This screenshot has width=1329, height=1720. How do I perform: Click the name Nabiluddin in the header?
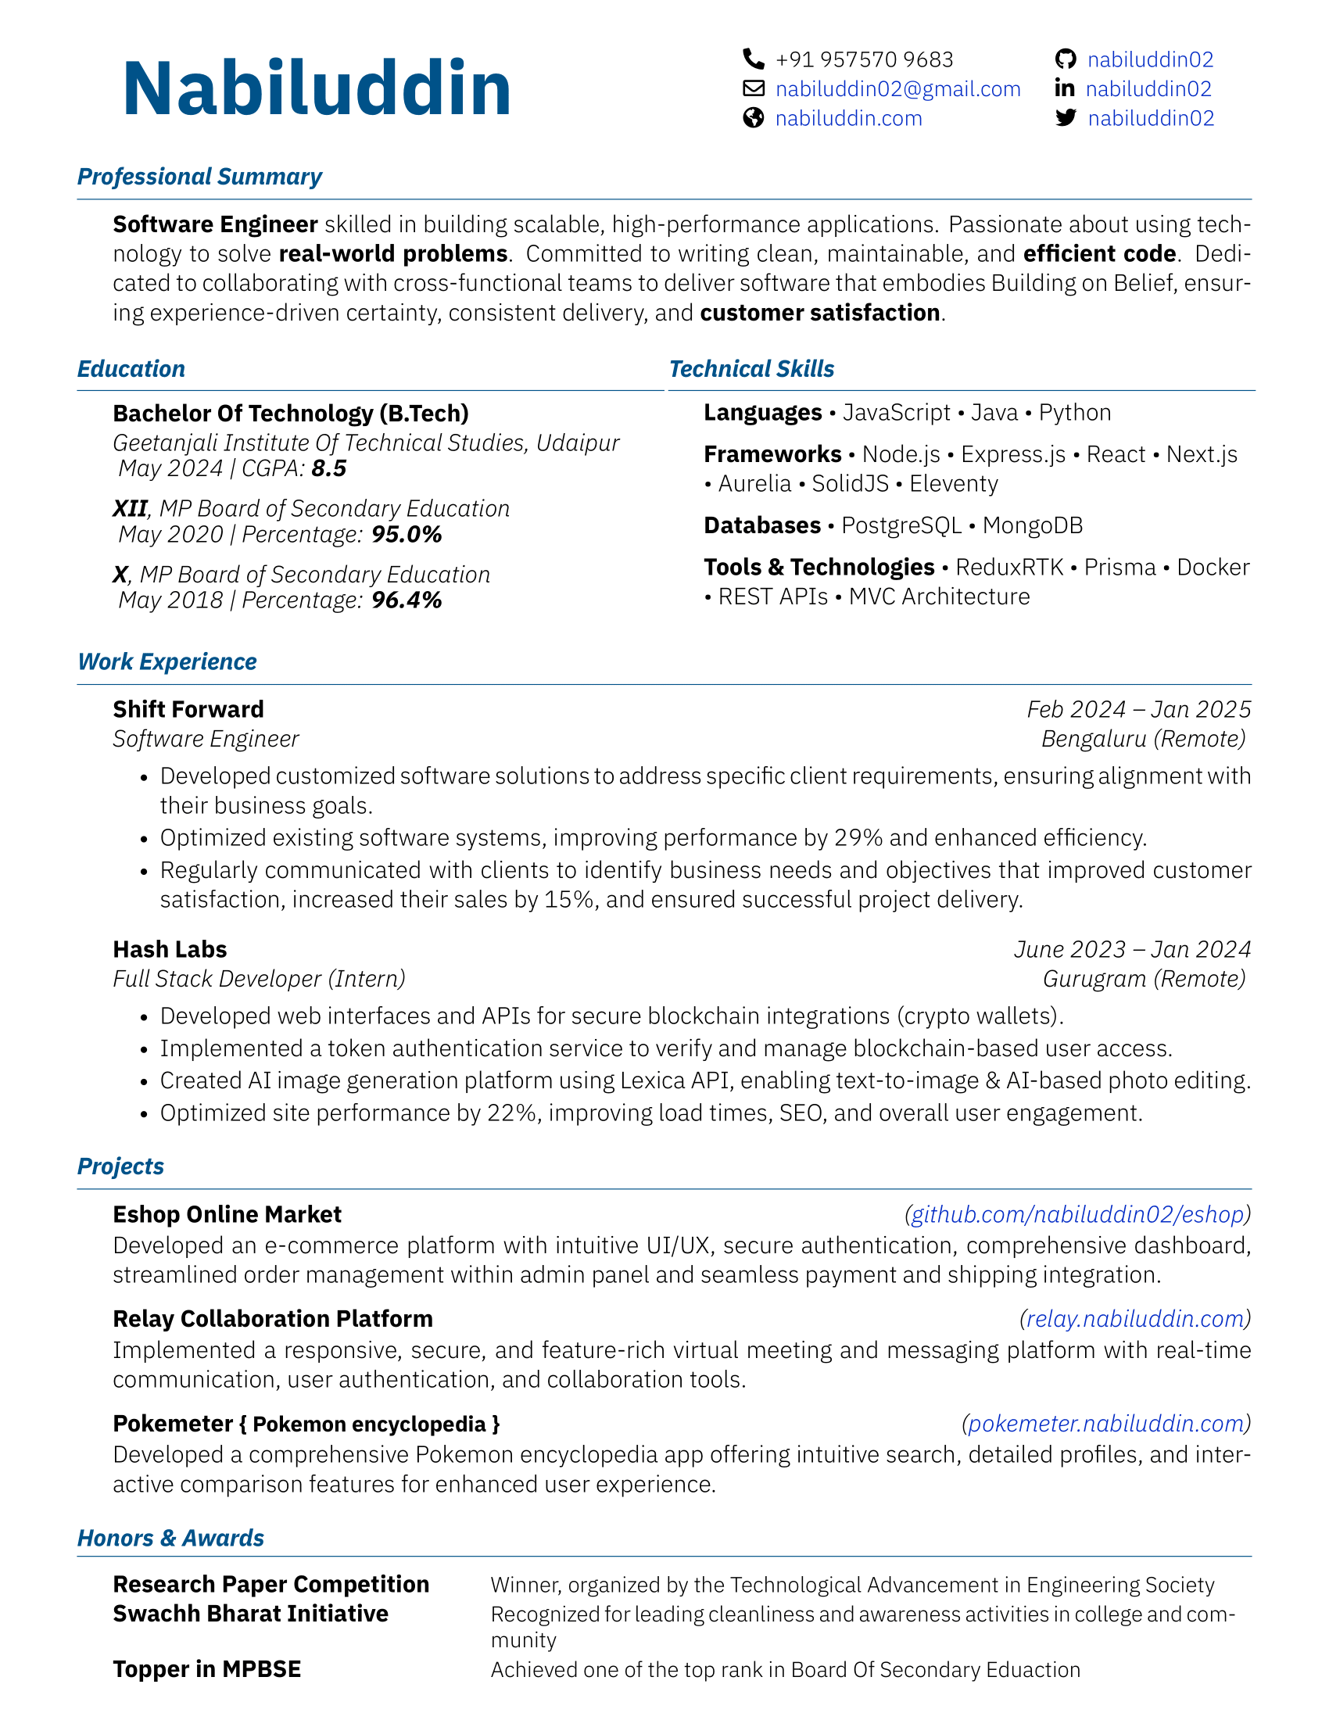coord(317,88)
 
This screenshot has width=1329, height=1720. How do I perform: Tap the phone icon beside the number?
coord(754,59)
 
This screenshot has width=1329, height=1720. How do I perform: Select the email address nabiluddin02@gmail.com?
coord(897,89)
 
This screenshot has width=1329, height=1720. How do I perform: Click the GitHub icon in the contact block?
coord(1066,59)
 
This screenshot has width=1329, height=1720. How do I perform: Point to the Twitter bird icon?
coord(1066,118)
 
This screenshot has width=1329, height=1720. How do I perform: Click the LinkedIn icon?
coord(1065,88)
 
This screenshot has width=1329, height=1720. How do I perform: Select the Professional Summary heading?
coord(199,177)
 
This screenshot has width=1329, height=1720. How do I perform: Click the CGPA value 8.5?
coord(329,468)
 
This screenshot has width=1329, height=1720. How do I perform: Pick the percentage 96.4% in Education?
coord(407,600)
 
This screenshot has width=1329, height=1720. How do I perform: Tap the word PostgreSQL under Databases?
coord(901,525)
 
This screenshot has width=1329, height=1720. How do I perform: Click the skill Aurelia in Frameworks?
coord(754,483)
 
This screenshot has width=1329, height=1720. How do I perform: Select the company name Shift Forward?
coord(188,710)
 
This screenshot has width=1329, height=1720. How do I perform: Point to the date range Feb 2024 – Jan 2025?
coord(1138,710)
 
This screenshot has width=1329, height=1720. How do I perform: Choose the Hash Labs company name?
coord(170,949)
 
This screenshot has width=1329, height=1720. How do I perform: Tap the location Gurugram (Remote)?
coord(1144,979)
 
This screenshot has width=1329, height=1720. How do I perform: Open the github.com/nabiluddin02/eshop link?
coord(1077,1214)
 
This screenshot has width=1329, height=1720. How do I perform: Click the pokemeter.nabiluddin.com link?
coord(1105,1424)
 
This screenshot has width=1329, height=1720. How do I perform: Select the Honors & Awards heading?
coord(170,1538)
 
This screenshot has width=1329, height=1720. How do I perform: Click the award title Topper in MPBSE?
coord(207,1670)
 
